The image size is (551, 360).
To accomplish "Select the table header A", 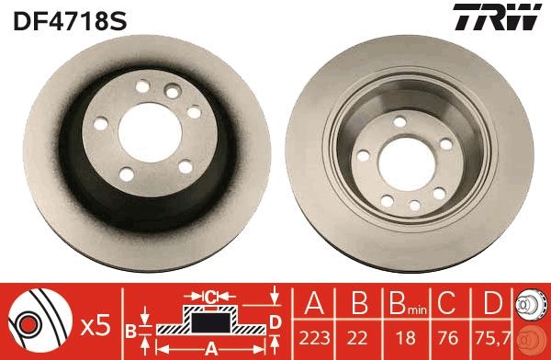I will (x=314, y=302).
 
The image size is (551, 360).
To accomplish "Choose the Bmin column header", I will (x=402, y=303).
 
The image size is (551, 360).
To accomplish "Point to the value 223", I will (x=314, y=337).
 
